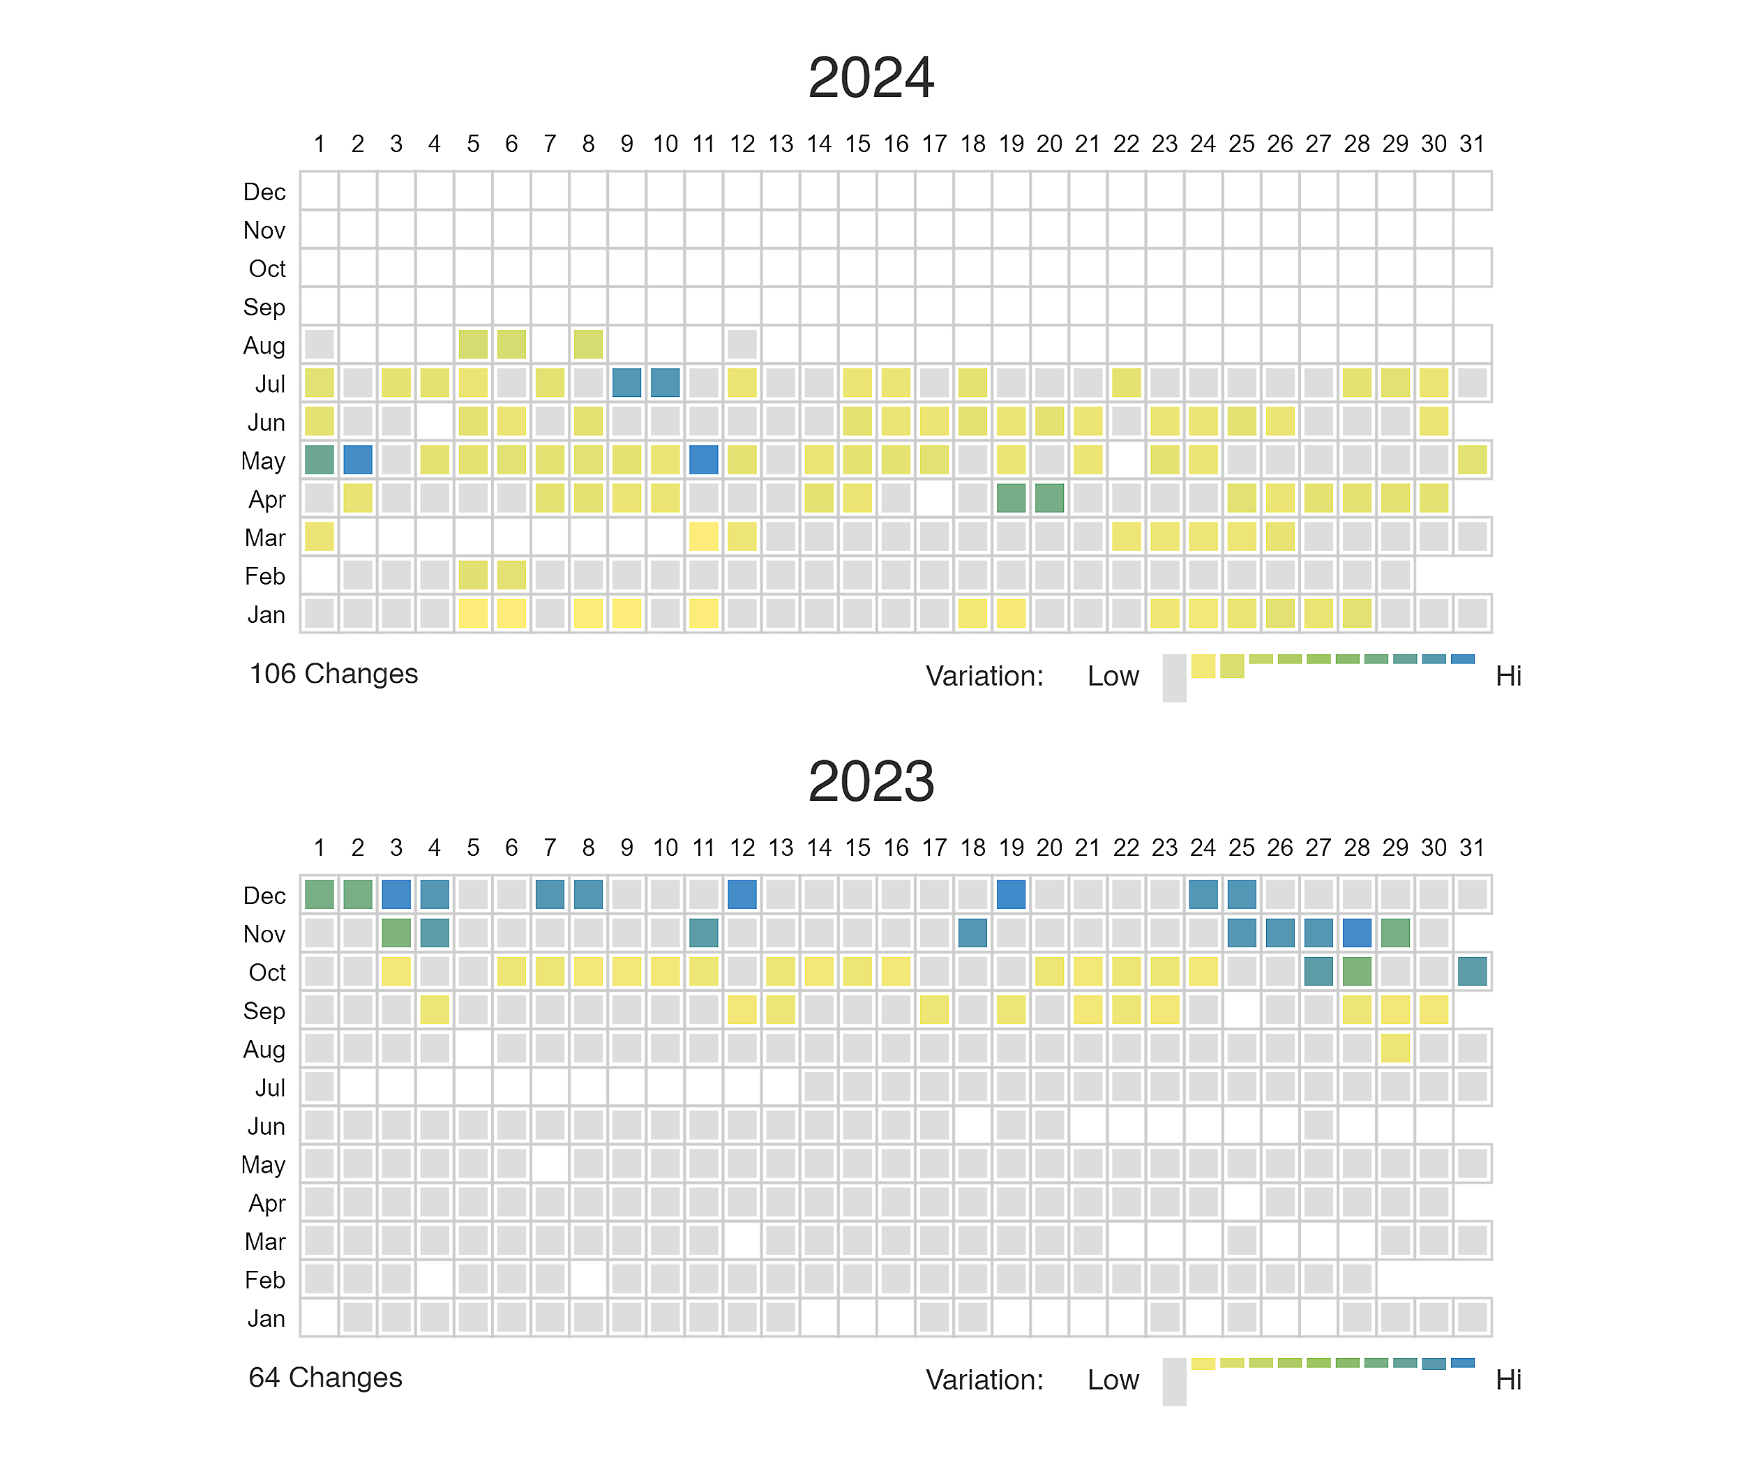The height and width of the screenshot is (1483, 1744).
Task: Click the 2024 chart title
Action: tap(871, 78)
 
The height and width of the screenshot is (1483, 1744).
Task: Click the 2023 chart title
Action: tap(871, 782)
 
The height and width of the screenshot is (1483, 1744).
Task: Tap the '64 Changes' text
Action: tap(325, 1378)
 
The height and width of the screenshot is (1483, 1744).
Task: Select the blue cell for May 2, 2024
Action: tap(357, 460)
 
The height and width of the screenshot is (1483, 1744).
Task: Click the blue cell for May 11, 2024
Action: tap(703, 460)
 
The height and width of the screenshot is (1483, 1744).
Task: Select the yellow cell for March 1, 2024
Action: tap(319, 537)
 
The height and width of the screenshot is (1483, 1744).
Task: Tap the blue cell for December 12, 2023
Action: tap(742, 894)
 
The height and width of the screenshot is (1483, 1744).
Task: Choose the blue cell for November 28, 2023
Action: tap(1356, 933)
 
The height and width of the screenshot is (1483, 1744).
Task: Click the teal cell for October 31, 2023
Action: tap(1471, 972)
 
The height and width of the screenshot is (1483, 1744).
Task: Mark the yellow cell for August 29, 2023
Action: tap(1395, 1048)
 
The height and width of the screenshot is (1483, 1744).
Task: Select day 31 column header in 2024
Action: tap(1471, 144)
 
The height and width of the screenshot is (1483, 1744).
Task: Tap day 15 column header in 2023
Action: tap(857, 848)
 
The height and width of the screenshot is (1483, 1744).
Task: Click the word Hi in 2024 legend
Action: tap(1508, 677)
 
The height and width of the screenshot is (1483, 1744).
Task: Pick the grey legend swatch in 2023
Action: tap(1174, 1382)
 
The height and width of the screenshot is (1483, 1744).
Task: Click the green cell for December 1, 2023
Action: tap(319, 894)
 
